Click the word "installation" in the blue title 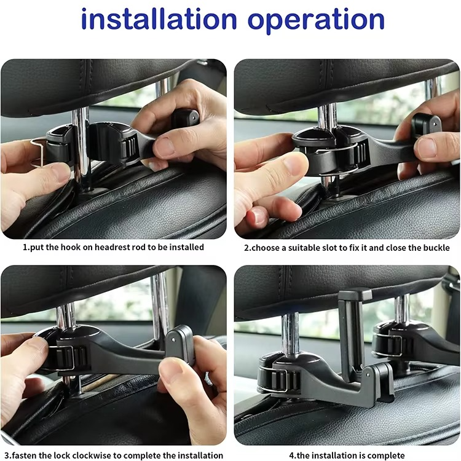click(x=159, y=20)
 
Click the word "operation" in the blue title click(x=316, y=21)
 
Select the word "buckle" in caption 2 click(x=436, y=248)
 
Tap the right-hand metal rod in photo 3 click(x=160, y=305)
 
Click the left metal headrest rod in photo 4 click(x=290, y=335)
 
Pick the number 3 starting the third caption click(x=7, y=455)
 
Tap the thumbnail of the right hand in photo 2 click(x=427, y=148)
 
